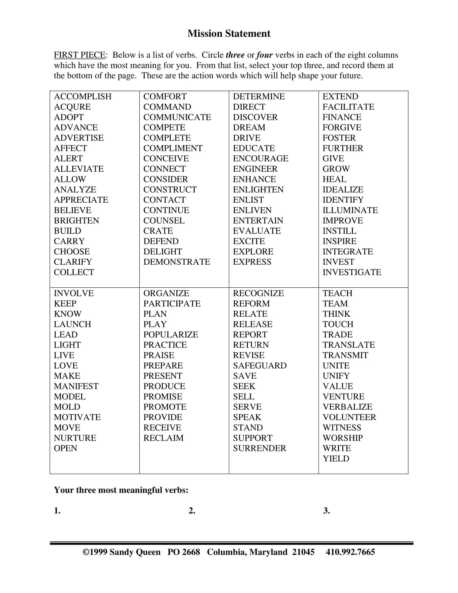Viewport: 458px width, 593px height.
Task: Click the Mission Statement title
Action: (x=229, y=33)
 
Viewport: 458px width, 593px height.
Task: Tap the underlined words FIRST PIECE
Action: (x=79, y=55)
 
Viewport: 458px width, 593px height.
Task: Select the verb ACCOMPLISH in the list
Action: (x=82, y=96)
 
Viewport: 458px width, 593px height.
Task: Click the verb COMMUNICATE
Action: (x=177, y=117)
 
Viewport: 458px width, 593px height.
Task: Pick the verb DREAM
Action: (x=249, y=127)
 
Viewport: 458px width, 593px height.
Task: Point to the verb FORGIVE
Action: (x=342, y=127)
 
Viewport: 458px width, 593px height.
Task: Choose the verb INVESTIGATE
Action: (x=352, y=272)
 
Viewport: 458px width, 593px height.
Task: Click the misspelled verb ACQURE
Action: (x=72, y=107)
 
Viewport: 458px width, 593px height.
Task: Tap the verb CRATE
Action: (x=158, y=231)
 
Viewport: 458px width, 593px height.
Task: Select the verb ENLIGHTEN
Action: (x=258, y=189)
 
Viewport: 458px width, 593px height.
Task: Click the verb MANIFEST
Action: (x=76, y=386)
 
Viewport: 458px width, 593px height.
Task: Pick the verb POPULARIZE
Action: (x=171, y=335)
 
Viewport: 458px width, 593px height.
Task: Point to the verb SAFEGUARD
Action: (x=260, y=366)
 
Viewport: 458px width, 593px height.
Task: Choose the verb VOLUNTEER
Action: (x=349, y=417)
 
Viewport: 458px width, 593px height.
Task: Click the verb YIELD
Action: (x=336, y=458)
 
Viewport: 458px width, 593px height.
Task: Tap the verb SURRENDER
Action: (x=259, y=448)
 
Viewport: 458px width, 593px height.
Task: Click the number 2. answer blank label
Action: (x=192, y=511)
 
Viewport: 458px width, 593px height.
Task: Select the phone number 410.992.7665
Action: (x=350, y=552)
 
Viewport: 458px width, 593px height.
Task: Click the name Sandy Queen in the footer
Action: (x=135, y=552)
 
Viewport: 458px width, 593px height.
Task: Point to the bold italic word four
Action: (x=264, y=55)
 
